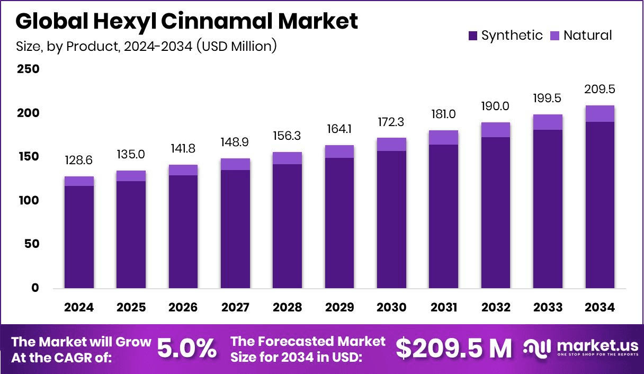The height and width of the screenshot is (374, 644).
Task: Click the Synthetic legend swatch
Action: click(x=473, y=36)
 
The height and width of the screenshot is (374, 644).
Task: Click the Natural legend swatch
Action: click(x=554, y=36)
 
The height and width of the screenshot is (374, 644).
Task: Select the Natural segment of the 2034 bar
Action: click(x=600, y=113)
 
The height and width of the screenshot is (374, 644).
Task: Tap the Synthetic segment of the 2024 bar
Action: click(x=79, y=237)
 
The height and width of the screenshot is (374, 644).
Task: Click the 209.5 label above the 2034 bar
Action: click(x=600, y=89)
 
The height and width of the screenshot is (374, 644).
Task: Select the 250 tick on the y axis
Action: click(x=28, y=69)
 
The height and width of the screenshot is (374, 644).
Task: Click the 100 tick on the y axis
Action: click(x=28, y=201)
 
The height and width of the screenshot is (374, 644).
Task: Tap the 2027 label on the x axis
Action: click(x=235, y=308)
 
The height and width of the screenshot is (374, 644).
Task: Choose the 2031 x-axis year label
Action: click(x=444, y=308)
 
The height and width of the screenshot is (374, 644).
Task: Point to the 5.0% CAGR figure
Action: click(x=187, y=349)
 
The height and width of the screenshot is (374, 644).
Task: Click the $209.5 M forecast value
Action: click(x=454, y=349)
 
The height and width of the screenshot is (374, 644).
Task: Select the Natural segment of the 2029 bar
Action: click(x=339, y=152)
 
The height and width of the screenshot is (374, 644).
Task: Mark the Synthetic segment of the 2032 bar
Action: click(x=496, y=212)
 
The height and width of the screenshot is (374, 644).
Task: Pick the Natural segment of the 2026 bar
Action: click(x=183, y=170)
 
